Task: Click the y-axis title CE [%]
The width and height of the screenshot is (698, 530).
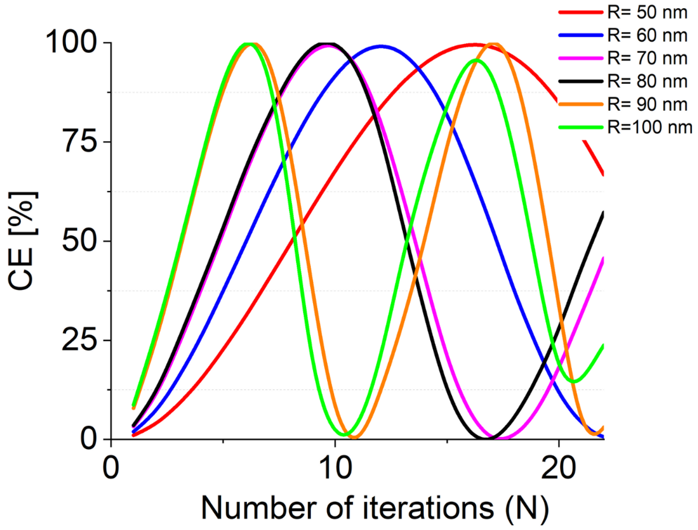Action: (x=22, y=241)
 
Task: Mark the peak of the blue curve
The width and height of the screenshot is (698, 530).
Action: (x=381, y=46)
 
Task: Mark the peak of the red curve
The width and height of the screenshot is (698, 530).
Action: (x=474, y=44)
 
